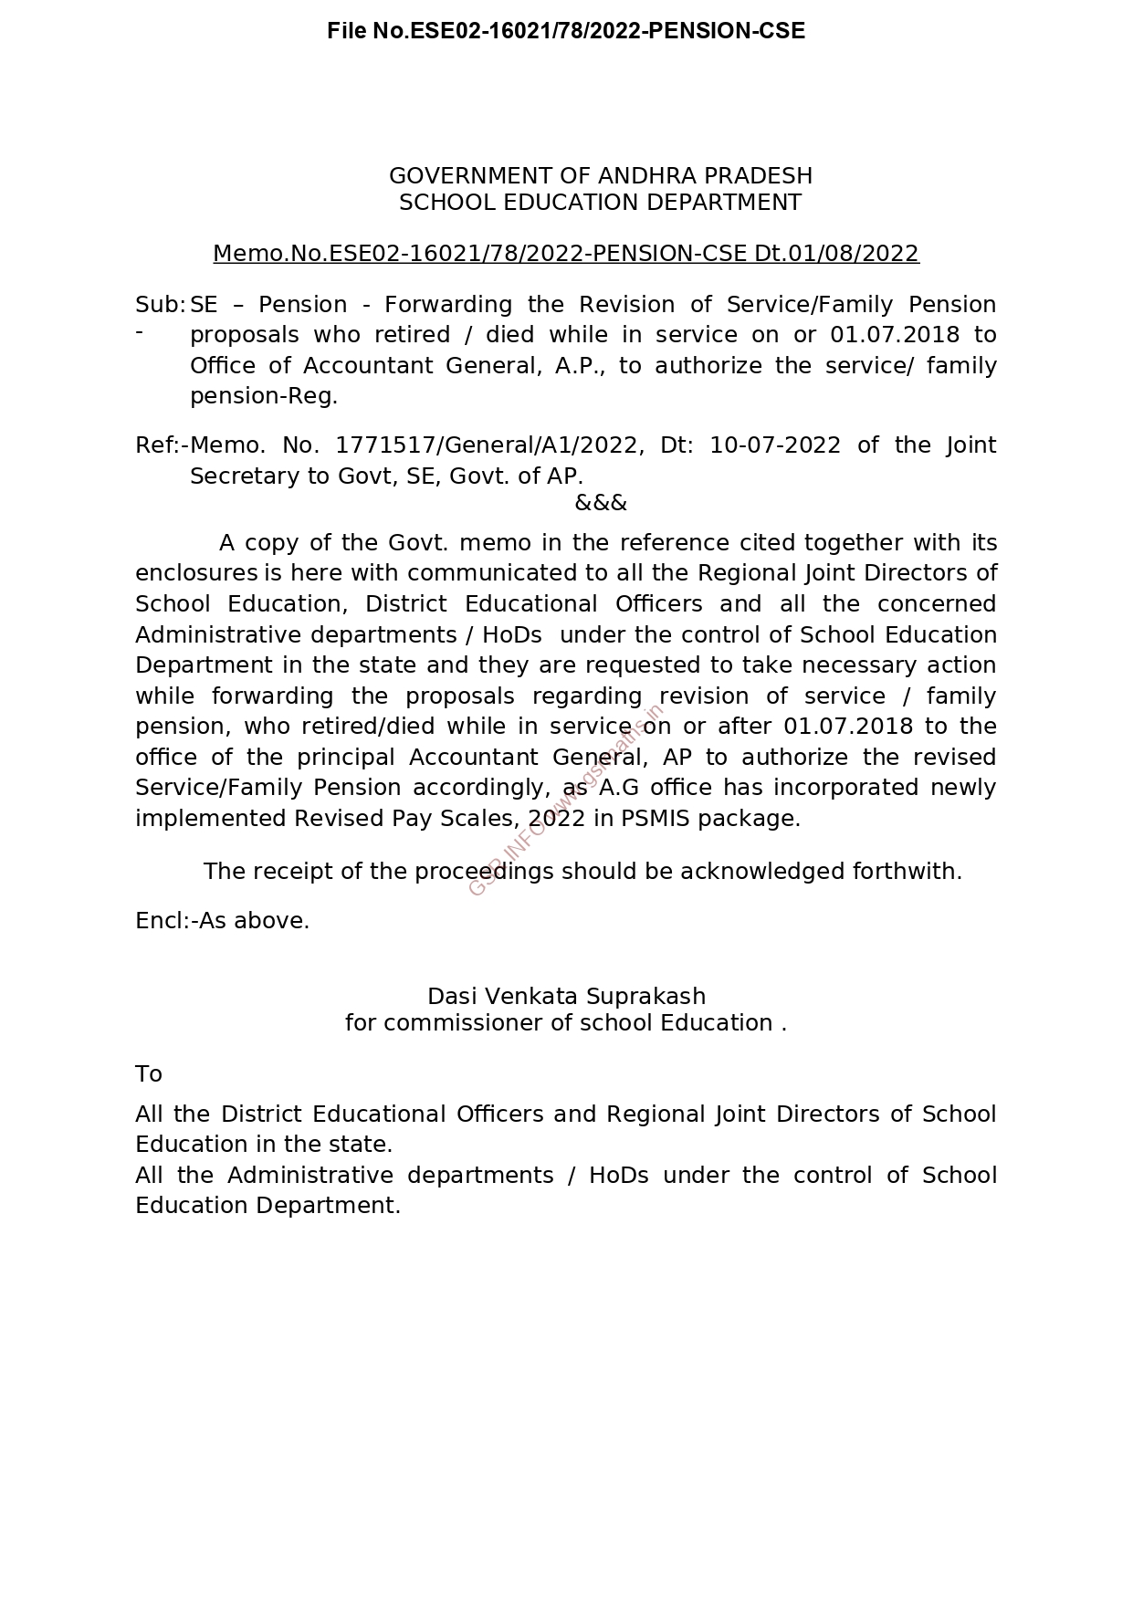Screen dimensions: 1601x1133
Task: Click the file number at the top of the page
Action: (566, 31)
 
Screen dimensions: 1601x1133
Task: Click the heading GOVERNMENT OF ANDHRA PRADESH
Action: (601, 175)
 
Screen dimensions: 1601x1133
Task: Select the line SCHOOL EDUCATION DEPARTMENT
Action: (601, 203)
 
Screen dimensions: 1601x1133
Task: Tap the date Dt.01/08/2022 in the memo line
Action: (836, 254)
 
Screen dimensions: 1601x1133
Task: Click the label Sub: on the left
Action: (160, 305)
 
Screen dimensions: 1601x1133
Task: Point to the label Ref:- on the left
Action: (162, 445)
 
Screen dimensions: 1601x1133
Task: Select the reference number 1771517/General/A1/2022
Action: (486, 445)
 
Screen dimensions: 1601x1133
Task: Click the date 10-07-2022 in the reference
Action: (775, 445)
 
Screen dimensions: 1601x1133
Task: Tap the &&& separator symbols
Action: (601, 503)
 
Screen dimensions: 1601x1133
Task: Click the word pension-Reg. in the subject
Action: (264, 396)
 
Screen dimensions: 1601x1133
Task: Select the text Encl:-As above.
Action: (223, 921)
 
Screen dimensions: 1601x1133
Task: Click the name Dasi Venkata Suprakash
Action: (566, 996)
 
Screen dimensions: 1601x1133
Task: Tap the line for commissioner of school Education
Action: (566, 1023)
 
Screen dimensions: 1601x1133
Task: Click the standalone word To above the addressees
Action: (149, 1074)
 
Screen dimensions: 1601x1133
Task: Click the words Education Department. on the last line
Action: (268, 1206)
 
